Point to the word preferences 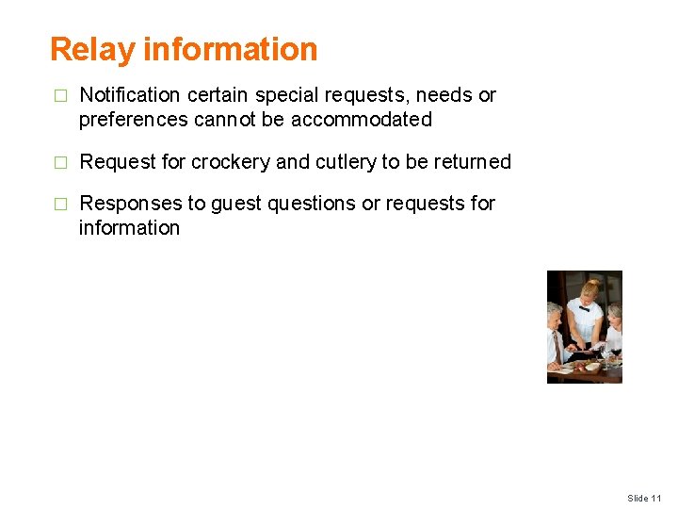131,120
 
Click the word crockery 231,162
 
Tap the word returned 469,162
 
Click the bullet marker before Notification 60,96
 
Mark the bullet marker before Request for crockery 60,163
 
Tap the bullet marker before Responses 60,205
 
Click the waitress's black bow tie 585,308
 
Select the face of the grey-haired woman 613,315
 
